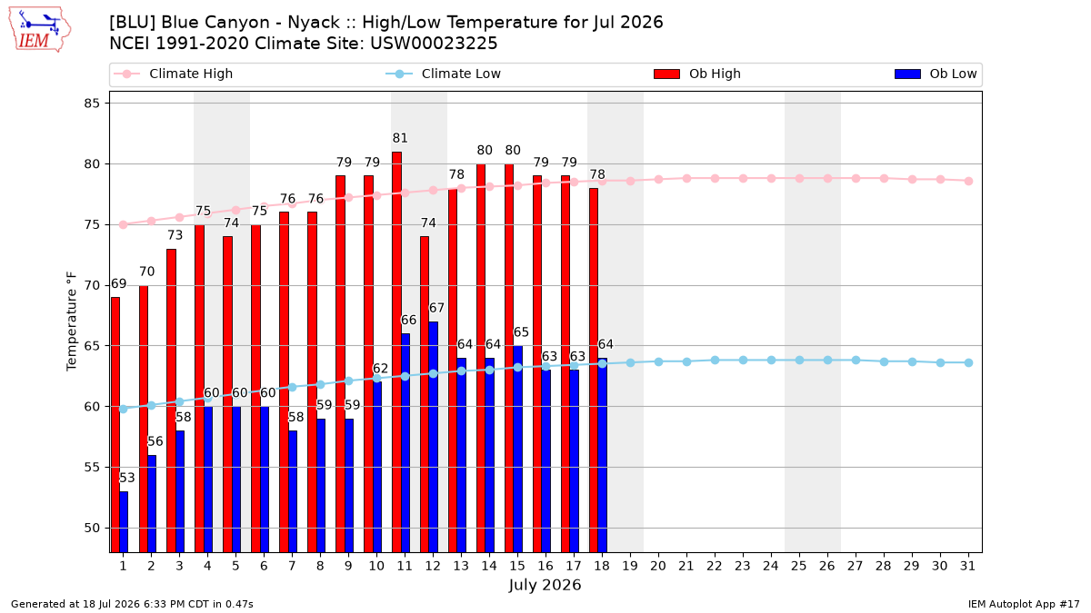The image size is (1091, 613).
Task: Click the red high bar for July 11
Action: (397, 351)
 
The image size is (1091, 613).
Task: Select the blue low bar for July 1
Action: (124, 521)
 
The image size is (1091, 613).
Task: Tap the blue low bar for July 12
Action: (433, 437)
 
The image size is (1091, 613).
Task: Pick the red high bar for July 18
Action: (593, 371)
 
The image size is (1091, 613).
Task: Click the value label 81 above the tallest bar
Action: (400, 138)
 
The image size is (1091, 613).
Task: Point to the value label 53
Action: (126, 478)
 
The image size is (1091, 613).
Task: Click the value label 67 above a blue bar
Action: (436, 308)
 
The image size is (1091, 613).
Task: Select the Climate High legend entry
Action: (173, 74)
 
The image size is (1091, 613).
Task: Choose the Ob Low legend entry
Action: (936, 74)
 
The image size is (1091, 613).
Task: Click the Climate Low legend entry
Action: (443, 74)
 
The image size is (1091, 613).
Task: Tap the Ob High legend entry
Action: (697, 74)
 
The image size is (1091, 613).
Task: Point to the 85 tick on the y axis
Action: (92, 104)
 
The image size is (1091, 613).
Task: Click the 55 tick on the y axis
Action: (92, 467)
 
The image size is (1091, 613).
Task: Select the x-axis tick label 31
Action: (967, 566)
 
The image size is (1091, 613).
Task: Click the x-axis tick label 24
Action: (771, 566)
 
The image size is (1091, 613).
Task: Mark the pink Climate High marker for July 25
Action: (799, 179)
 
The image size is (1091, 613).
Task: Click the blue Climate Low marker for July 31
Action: (968, 362)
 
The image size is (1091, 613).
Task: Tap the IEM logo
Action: (39, 30)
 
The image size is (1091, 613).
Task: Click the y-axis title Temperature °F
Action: (72, 321)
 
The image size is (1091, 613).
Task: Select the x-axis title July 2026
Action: (545, 585)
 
